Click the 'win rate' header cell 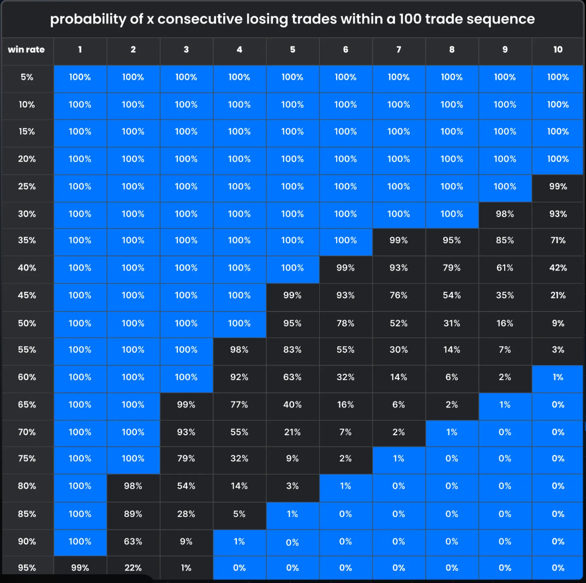pyautogui.click(x=26, y=50)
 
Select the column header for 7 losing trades pyautogui.click(x=399, y=50)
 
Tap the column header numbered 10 pyautogui.click(x=558, y=50)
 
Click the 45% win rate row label pyautogui.click(x=27, y=295)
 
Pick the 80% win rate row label pyautogui.click(x=27, y=486)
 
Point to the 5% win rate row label pyautogui.click(x=27, y=77)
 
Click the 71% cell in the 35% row pyautogui.click(x=558, y=241)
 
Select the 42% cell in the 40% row pyautogui.click(x=558, y=268)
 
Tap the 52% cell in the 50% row pyautogui.click(x=399, y=323)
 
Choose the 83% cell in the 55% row pyautogui.click(x=292, y=350)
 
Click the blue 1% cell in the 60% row pyautogui.click(x=558, y=377)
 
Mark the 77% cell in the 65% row pyautogui.click(x=240, y=404)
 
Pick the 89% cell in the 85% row pyautogui.click(x=133, y=514)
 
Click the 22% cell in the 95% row pyautogui.click(x=133, y=568)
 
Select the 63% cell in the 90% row pyautogui.click(x=133, y=541)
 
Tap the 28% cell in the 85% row pyautogui.click(x=186, y=514)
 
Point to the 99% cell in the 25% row pyautogui.click(x=558, y=187)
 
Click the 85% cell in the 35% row pyautogui.click(x=505, y=241)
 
